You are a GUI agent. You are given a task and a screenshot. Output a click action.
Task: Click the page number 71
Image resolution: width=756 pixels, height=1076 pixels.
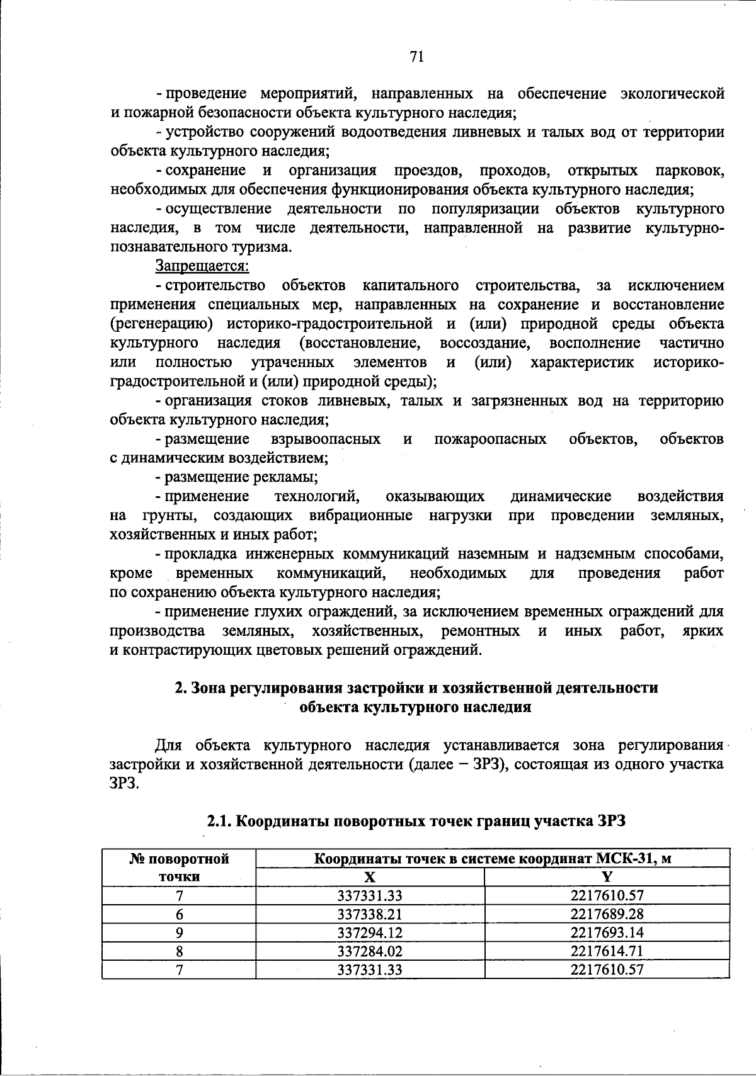coord(416,57)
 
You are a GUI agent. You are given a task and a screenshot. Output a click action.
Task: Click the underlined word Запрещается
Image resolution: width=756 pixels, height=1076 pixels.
coord(202,266)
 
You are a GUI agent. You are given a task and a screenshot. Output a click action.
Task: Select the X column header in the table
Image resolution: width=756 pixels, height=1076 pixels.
coord(370,877)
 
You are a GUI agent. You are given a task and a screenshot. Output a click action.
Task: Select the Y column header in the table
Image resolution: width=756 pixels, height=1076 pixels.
coord(607,877)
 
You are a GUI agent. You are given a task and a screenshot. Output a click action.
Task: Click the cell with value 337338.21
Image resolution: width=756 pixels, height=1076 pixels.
coord(370,914)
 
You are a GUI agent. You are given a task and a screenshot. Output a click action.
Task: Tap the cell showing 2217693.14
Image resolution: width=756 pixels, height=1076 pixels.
coord(607,932)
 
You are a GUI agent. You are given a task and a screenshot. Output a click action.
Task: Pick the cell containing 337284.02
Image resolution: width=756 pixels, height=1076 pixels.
coord(370,951)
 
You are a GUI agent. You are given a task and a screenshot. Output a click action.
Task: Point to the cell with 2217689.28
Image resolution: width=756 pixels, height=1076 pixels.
coord(607,914)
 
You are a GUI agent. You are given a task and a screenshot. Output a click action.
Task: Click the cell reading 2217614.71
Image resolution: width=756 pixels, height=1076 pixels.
coord(607,951)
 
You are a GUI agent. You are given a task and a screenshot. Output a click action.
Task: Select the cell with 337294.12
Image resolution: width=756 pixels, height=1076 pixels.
coord(370,932)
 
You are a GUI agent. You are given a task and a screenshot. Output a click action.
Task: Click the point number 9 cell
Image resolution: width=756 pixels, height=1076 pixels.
coord(179,932)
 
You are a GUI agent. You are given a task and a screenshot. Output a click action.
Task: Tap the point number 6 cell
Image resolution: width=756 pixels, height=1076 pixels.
coord(179,914)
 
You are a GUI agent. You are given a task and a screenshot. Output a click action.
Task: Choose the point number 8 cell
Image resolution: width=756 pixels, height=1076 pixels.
coord(179,951)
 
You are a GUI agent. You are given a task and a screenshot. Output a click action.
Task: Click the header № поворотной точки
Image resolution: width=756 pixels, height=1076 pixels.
coord(179,867)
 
